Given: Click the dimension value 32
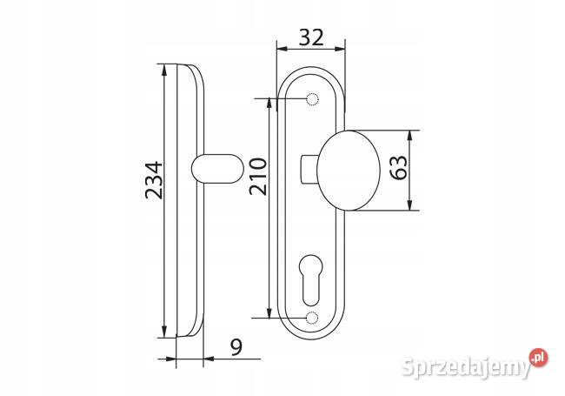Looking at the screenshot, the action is (x=311, y=37).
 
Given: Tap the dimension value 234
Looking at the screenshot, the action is (x=154, y=180).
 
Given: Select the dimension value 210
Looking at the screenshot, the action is (x=258, y=177).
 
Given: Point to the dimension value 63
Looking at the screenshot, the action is (x=399, y=168).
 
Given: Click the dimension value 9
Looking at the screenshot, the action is (x=236, y=347).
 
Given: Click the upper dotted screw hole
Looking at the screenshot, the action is (x=312, y=98).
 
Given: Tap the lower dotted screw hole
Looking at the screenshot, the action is (x=312, y=318).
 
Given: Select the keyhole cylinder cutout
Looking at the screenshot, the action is (x=311, y=280).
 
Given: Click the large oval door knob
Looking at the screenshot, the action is (x=349, y=171).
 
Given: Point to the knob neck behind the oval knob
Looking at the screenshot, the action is (x=309, y=169).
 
